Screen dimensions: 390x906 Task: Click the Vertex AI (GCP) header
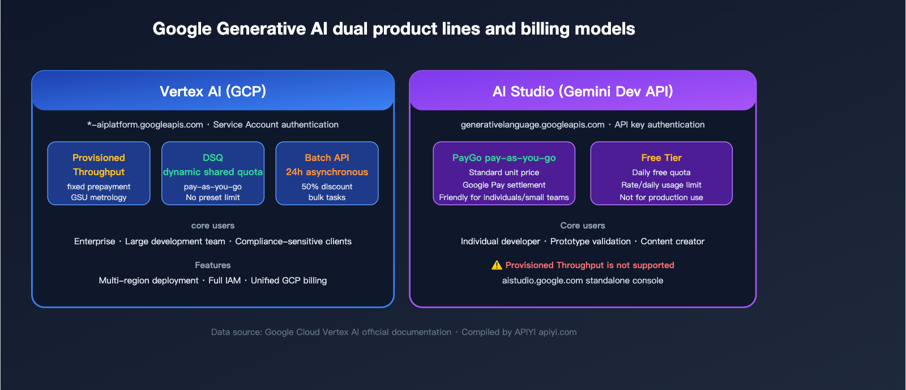(x=213, y=91)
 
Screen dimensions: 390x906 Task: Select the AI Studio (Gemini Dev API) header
(x=583, y=91)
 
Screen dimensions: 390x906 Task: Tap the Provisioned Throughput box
(x=99, y=173)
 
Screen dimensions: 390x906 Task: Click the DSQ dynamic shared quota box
(x=213, y=173)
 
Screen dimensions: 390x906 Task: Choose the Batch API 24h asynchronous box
(x=327, y=173)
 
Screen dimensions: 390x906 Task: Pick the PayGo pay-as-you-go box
(x=504, y=173)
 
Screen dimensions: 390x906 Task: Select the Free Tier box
(x=661, y=173)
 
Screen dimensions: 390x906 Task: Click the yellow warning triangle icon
(x=497, y=265)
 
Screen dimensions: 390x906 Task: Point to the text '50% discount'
(x=327, y=186)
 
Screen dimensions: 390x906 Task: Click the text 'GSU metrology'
(x=99, y=197)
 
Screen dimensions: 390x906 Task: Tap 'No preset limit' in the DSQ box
(x=213, y=197)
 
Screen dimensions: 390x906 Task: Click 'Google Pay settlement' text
(x=504, y=185)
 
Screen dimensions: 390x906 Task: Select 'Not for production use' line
(x=661, y=197)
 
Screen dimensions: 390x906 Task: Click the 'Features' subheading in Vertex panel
(x=213, y=265)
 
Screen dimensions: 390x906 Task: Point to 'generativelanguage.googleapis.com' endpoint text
(x=532, y=125)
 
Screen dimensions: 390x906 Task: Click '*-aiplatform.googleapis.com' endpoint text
(x=145, y=125)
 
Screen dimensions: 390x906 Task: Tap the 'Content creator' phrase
(x=672, y=241)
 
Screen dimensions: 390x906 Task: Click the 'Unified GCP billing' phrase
(x=289, y=281)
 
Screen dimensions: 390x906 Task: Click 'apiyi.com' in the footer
(x=557, y=332)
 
